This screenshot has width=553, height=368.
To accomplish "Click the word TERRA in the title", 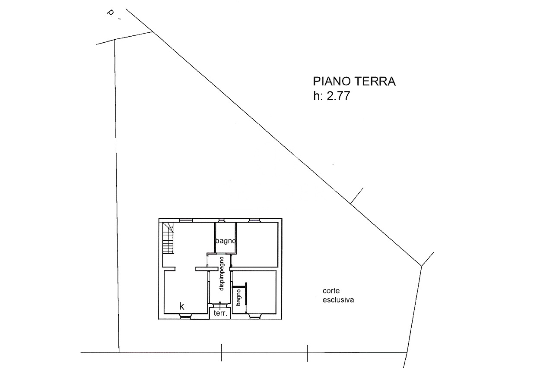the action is pos(377,82).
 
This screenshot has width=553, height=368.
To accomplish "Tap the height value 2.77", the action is pos(338,96).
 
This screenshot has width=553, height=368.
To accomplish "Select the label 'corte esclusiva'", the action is pos(338,295).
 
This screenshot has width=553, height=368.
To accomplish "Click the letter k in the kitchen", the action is pos(182,306).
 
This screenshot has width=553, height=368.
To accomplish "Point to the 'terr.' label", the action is pos(220,313).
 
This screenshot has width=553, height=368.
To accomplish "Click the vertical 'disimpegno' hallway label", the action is pos(221,274).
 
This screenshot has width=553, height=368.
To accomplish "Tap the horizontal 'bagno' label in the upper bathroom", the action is pos(226,241).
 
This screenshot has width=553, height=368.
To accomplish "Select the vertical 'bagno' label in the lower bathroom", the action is pos(238,298).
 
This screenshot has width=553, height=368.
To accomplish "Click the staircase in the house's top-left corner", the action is pos(168,238).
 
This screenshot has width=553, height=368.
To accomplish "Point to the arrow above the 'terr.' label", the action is pos(220,305).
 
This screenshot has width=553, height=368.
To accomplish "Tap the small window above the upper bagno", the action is pos(221,220).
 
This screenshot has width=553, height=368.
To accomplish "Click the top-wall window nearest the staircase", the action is pos(186,220).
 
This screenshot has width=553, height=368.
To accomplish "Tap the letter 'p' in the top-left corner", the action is pos(110,13).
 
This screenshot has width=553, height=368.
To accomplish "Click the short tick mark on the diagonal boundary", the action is pos(357,196).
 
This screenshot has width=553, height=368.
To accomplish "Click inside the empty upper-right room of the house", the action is pos(257,245).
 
